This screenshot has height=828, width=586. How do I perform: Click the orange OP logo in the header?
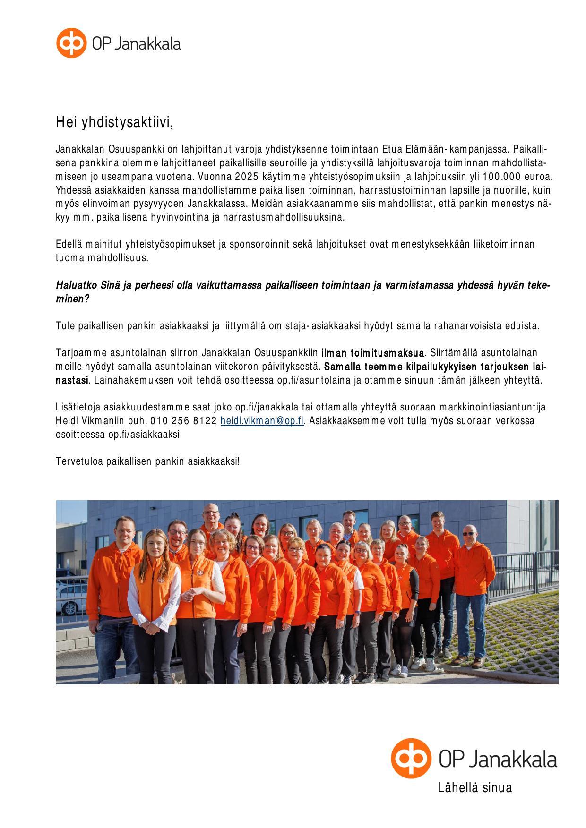pyautogui.click(x=71, y=43)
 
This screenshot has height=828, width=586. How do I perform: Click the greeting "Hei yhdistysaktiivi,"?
pyautogui.click(x=114, y=122)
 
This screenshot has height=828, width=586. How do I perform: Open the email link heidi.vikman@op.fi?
pyautogui.click(x=262, y=421)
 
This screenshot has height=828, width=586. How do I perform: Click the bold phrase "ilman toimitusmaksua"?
pyautogui.click(x=372, y=353)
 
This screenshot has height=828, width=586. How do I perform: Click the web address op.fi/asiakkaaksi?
pyautogui.click(x=145, y=435)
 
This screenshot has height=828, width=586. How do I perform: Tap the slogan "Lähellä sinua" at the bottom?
pyautogui.click(x=474, y=787)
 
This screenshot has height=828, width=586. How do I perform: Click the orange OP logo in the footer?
pyautogui.click(x=411, y=758)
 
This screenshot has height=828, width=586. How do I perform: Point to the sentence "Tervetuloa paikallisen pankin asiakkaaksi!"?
pyautogui.click(x=148, y=461)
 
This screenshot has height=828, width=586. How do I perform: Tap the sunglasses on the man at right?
pyautogui.click(x=469, y=534)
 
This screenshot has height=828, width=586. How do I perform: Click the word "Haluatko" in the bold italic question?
pyautogui.click(x=77, y=285)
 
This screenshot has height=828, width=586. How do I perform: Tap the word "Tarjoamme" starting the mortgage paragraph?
pyautogui.click(x=81, y=353)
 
